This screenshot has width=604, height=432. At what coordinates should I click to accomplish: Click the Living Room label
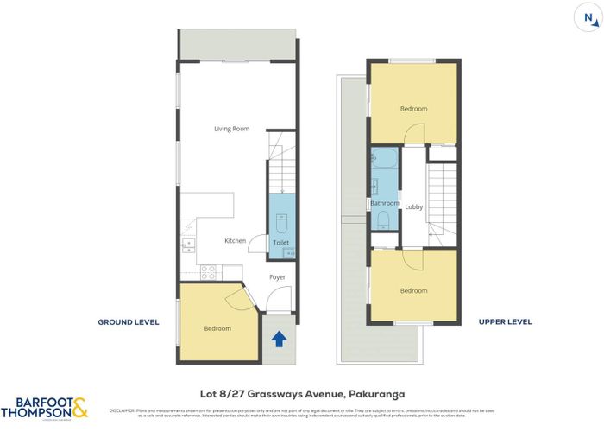tap(232, 129)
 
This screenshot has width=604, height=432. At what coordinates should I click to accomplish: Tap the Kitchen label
tap(235, 241)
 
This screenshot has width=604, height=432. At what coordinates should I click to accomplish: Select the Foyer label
tap(277, 277)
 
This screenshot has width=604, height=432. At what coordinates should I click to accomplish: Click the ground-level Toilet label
tap(280, 244)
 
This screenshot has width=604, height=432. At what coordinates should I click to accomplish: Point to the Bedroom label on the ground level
tap(217, 328)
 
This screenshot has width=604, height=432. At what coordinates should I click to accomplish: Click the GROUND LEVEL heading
tap(129, 321)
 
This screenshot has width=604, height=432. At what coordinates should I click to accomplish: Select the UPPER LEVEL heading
tap(505, 321)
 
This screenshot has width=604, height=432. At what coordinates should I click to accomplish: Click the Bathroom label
tap(385, 203)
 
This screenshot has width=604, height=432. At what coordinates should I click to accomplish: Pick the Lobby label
tap(413, 206)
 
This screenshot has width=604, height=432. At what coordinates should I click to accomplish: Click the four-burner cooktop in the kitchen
tap(208, 271)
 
